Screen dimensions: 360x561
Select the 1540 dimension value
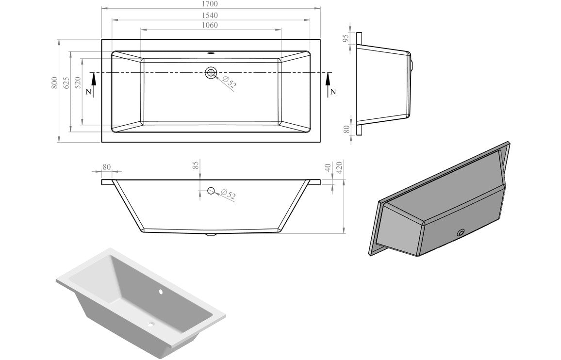click(211, 15)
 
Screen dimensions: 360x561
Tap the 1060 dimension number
click(211, 25)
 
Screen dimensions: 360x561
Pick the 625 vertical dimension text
click(66, 83)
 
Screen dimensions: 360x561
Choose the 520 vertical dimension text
click(78, 83)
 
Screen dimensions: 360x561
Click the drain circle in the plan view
click(211, 73)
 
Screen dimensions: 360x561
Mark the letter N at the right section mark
click(332, 92)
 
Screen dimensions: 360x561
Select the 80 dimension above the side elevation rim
click(107, 167)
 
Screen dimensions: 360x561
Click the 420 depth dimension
click(340, 168)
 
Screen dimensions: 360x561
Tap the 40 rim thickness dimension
click(329, 168)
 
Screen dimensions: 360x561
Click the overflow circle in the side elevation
click(211, 191)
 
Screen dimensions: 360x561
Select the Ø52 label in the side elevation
click(228, 195)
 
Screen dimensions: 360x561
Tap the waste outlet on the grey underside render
click(461, 233)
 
